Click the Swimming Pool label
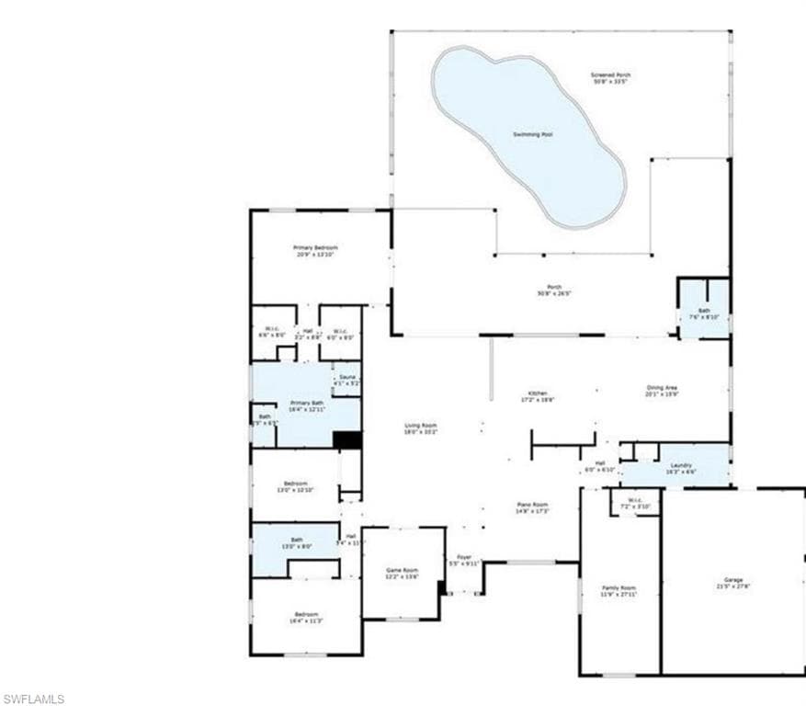coord(532,134)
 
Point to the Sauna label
coord(346,379)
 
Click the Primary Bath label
coord(307,405)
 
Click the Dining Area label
coord(662,390)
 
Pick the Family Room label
coord(619,589)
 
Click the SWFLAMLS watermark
coord(33,699)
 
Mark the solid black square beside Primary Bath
coord(346,439)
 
